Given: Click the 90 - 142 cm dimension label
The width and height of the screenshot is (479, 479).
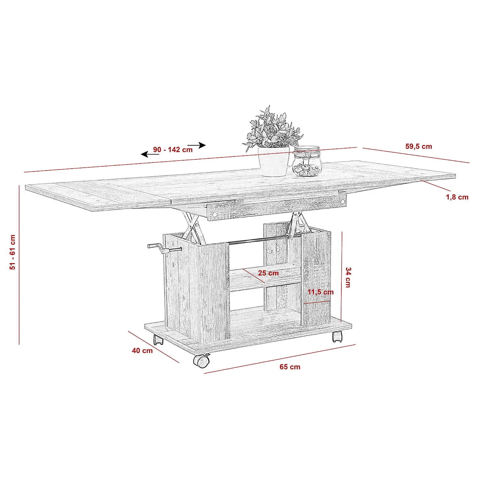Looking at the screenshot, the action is point(173,149).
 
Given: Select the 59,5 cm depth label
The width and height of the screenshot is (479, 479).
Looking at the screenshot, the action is point(419,147).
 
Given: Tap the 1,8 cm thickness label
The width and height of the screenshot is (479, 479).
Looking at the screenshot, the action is point(457,197).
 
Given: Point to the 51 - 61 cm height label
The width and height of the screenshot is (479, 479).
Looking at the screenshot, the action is point(12,252).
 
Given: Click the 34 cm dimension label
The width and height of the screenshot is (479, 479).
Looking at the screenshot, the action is point(348,277).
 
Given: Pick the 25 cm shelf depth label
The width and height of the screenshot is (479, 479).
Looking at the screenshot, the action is point(268,273).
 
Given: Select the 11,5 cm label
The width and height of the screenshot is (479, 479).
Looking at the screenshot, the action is point(321,292).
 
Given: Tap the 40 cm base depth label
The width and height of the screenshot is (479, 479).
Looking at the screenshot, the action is point(142,351).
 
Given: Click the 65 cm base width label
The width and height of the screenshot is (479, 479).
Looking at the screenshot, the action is point(290,367).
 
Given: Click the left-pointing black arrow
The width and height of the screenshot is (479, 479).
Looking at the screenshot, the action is point(150,155).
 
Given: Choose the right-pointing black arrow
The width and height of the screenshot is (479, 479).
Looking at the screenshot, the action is point(197,145).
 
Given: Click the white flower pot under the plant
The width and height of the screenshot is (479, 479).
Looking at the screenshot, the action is point(274,161).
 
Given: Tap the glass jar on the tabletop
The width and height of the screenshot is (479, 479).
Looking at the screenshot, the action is point(307,161).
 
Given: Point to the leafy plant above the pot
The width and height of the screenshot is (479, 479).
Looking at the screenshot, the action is point(273,128).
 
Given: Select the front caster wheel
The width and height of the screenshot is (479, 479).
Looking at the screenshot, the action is point(201,361).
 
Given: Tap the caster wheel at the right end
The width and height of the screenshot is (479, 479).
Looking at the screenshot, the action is point(337,336).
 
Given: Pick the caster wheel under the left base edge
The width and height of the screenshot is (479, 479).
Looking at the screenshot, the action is point(158,339).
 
